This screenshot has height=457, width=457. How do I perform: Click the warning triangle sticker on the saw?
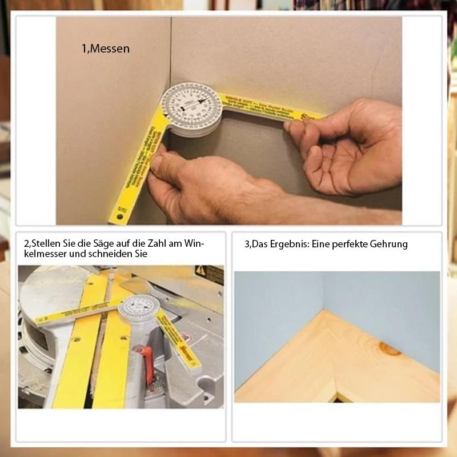[201, 270]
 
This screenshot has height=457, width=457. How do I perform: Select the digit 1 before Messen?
[83, 49]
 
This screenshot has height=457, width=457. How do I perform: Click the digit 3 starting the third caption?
[246, 244]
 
